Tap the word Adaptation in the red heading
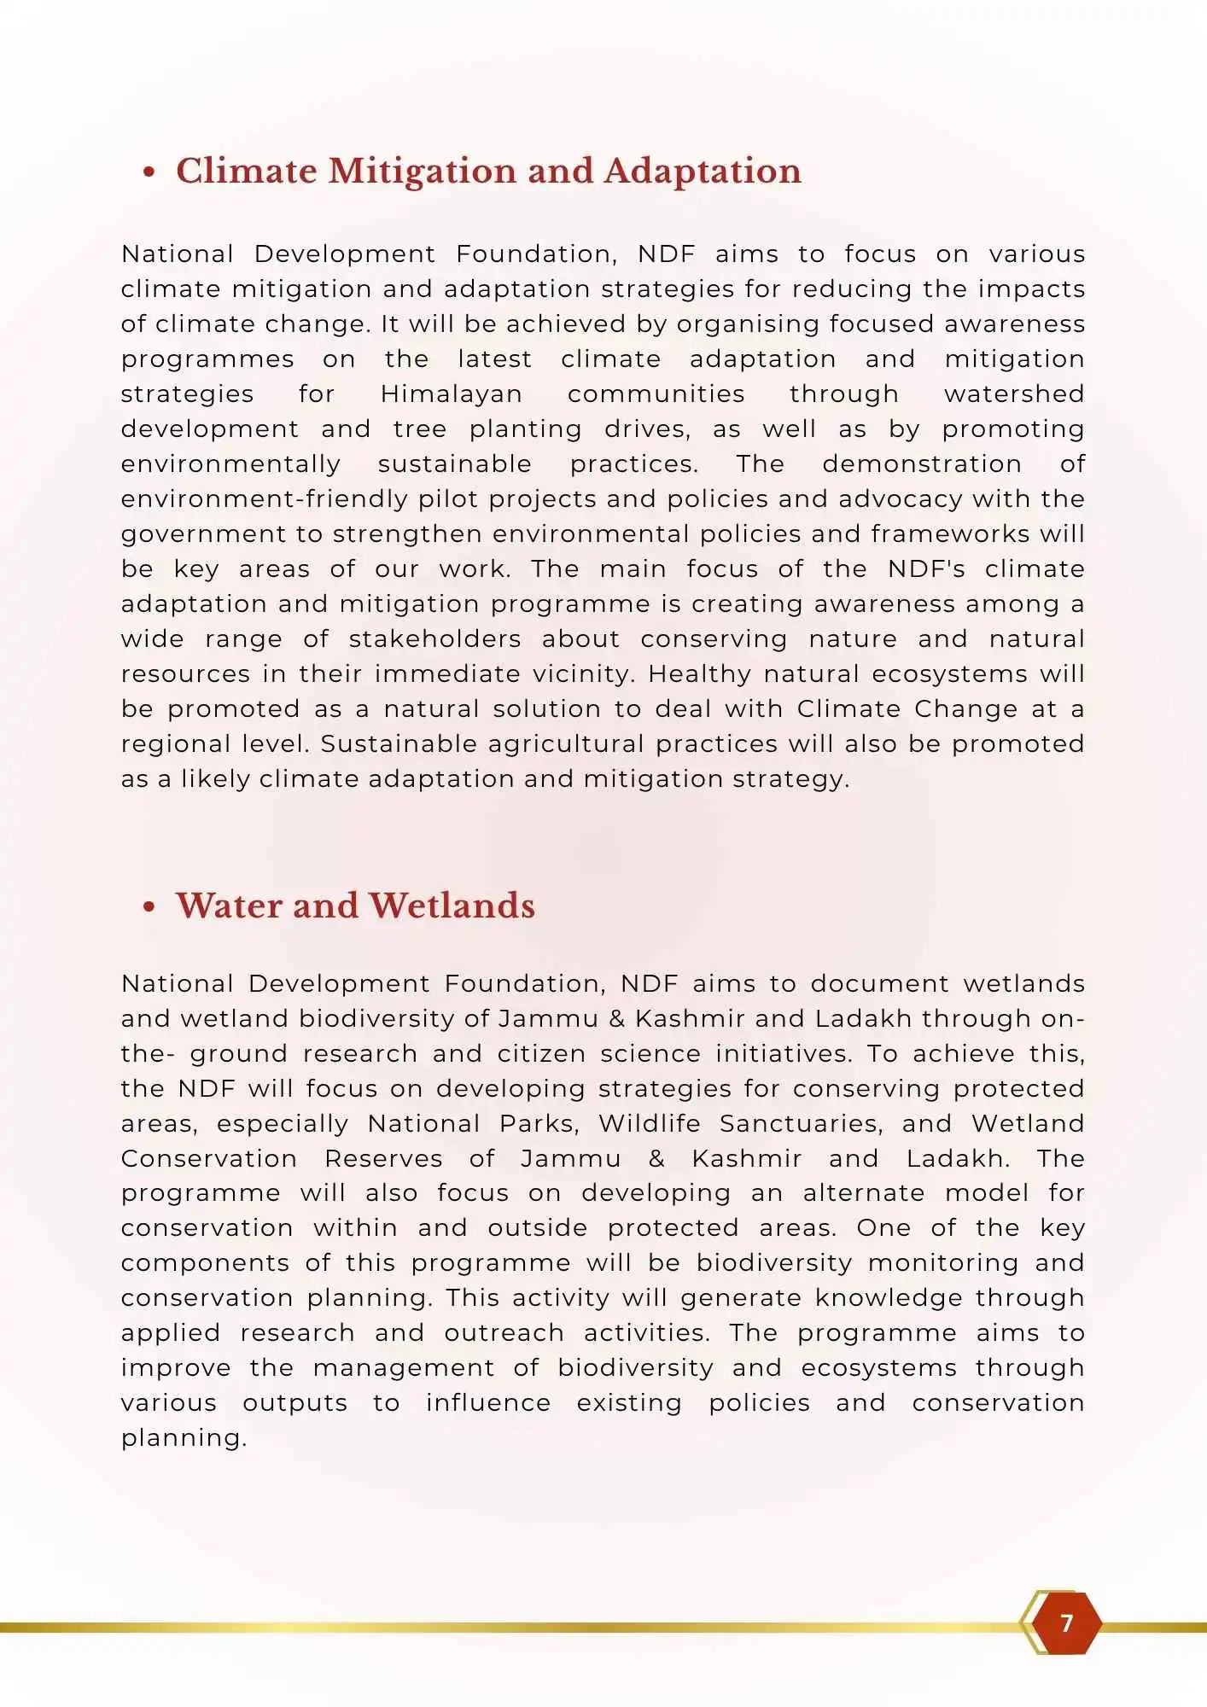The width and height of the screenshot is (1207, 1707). point(702,172)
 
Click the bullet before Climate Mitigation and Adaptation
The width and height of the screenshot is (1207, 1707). point(149,172)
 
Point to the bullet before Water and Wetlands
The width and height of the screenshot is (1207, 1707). point(149,907)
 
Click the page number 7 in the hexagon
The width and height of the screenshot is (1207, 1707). point(1065,1623)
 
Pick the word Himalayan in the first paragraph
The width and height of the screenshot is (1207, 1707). point(451,394)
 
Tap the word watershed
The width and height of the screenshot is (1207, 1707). point(1013,394)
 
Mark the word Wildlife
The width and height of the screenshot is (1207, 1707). point(649,1124)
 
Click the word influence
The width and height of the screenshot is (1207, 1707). point(488,1403)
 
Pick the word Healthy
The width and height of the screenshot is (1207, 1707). point(699,674)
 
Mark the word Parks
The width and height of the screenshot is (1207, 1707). point(539,1124)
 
